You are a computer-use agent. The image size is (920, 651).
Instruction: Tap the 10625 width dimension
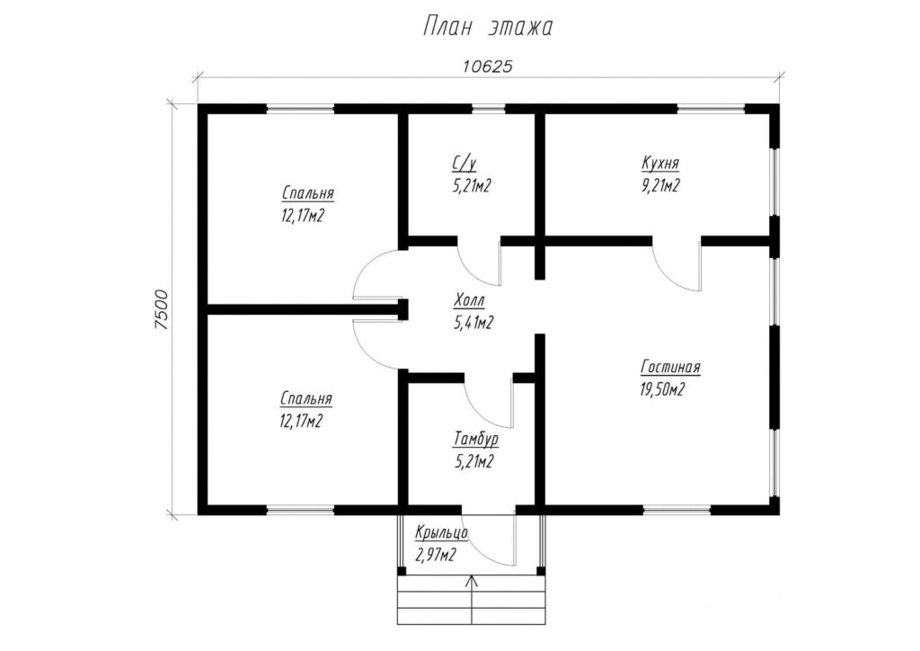[488, 67]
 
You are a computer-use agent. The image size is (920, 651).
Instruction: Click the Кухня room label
[660, 163]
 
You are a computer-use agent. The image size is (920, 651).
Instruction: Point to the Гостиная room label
[670, 368]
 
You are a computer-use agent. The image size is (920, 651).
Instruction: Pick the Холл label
[469, 302]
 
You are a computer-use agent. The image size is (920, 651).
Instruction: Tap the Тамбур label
[476, 440]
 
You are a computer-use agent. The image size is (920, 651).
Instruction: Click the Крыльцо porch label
[441, 533]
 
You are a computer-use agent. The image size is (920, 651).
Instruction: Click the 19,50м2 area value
[662, 389]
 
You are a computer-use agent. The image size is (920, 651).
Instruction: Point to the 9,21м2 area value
[660, 185]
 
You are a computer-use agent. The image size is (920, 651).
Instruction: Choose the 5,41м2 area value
[473, 323]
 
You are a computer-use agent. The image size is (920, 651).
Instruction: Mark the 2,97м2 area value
[435, 555]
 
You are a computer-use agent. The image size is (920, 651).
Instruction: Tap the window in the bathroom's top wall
[489, 108]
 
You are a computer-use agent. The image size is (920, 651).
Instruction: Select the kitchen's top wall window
[712, 108]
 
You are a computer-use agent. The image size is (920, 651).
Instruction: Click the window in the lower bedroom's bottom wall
[300, 510]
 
